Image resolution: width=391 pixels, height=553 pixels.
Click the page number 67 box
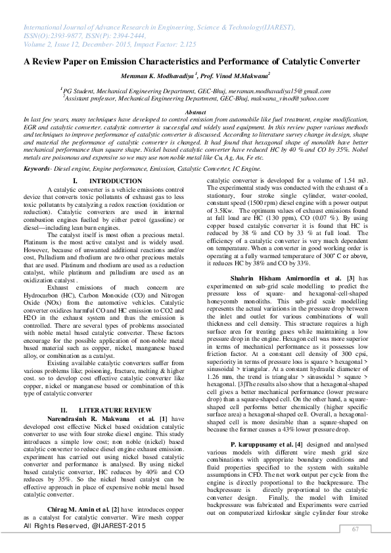coord(356,530)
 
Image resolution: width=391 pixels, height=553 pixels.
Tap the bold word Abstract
coord(195,113)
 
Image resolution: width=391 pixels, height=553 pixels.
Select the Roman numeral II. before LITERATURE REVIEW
coord(64,410)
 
